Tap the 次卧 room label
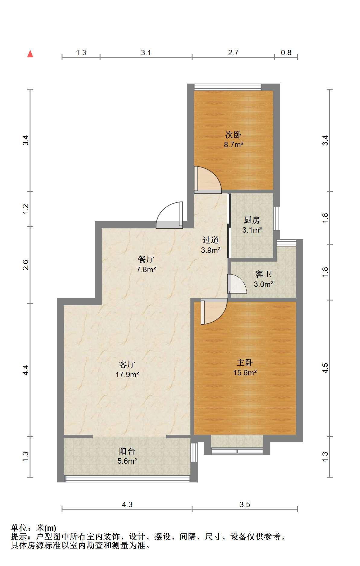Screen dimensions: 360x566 (233, 135)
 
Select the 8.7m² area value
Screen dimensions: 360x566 (234, 145)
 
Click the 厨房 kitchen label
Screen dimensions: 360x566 (252, 220)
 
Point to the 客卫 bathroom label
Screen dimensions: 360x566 (263, 274)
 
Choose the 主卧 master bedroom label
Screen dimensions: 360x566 (245, 363)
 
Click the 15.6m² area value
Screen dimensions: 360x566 (245, 373)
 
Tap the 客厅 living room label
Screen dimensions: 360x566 (127, 364)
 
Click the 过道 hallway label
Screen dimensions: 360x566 (211, 240)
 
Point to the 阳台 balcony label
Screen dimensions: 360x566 (127, 451)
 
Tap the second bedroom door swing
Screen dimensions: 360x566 (208, 180)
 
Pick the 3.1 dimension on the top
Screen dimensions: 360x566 (146, 52)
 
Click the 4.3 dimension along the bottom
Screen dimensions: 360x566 (127, 504)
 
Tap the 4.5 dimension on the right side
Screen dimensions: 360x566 (325, 368)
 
